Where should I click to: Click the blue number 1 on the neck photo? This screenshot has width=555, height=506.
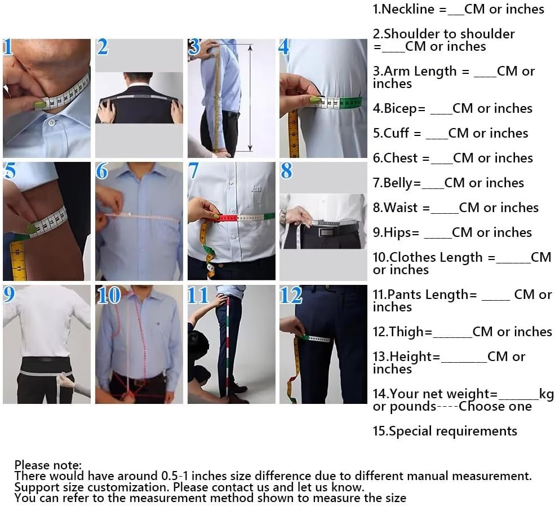pos(8,47)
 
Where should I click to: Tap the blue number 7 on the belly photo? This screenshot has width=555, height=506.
pos(194,171)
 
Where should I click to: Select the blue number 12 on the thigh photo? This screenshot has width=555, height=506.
pos(291,296)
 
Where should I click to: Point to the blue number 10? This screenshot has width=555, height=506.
pos(109,296)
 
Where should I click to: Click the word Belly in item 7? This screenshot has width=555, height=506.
pos(398,183)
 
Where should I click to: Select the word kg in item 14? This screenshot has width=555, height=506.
pos(546,394)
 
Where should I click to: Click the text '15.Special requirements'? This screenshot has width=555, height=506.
pos(445,431)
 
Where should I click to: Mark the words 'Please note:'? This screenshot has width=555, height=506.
pos(48,465)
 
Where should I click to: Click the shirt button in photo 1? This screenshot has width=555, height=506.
pos(52,122)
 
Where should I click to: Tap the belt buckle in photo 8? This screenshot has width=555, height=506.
pos(325,232)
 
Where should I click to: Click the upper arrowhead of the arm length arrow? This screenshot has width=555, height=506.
pos(250,47)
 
